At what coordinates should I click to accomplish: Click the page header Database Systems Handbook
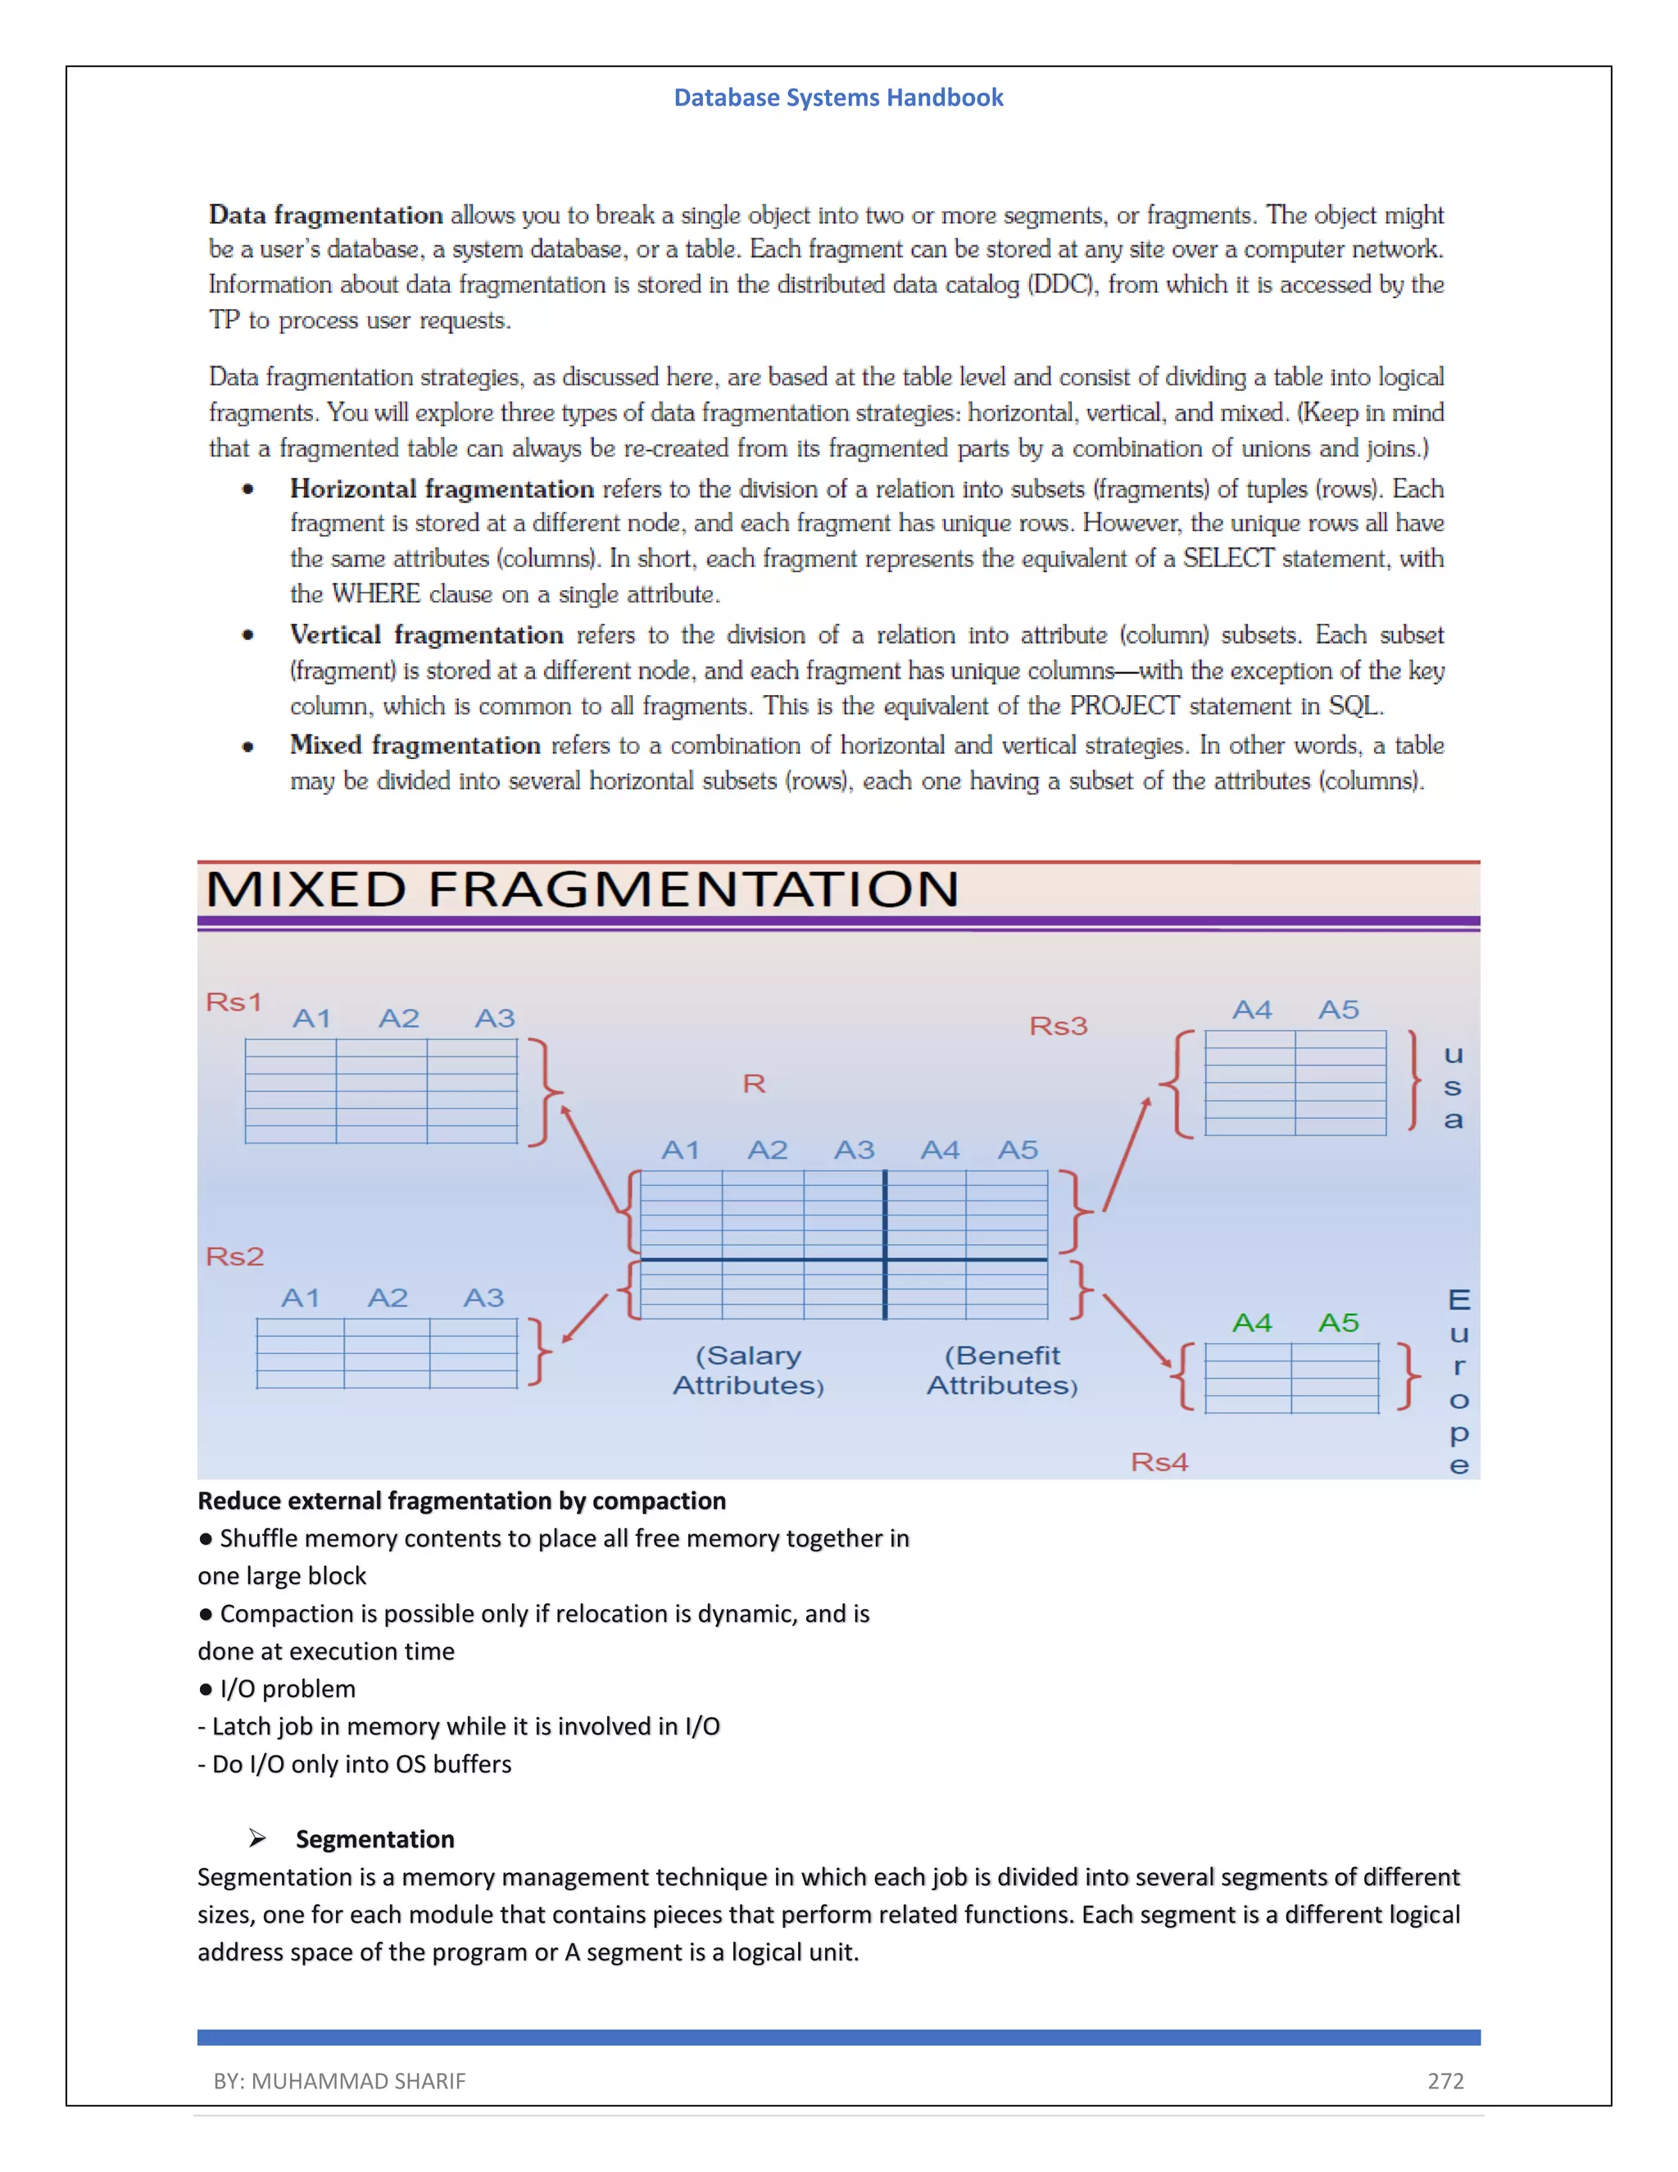coord(838,98)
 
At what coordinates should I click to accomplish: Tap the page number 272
coord(1445,2080)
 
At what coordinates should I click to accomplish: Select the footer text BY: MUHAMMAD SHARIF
coord(339,2080)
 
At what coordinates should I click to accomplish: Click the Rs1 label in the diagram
coord(234,1002)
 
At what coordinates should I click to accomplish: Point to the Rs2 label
coord(234,1256)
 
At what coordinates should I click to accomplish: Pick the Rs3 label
coord(1058,1025)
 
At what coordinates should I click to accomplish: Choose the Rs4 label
coord(1159,1462)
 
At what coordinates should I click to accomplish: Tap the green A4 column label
coord(1252,1323)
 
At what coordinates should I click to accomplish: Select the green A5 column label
coord(1338,1323)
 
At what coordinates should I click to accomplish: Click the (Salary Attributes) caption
coord(749,1370)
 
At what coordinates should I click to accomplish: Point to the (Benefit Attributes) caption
coord(1002,1370)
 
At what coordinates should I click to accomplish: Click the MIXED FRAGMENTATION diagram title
coord(582,889)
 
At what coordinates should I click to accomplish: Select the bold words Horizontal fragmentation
coord(442,488)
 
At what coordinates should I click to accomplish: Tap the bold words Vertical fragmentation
coord(426,634)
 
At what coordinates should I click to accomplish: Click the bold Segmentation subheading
coord(374,1839)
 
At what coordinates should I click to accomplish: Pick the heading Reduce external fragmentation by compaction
coord(461,1500)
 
